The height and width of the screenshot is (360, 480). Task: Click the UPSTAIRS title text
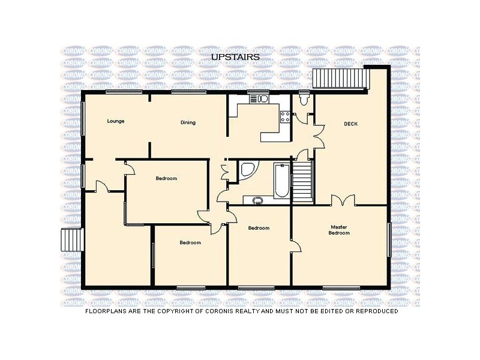coord(235,56)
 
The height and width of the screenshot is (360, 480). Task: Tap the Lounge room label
coord(116,121)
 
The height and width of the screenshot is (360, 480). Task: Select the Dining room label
coord(188,123)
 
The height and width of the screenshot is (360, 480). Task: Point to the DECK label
coord(351,124)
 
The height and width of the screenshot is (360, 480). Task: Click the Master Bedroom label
coord(339,230)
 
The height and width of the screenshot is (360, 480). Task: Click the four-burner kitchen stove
coord(286,117)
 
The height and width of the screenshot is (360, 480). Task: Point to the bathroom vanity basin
coord(258,200)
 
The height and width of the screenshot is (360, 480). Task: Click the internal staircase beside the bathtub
coord(302,181)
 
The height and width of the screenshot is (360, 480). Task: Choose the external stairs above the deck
coord(342,78)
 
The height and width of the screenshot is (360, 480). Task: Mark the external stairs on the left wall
coord(71,241)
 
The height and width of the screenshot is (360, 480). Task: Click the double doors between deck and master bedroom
coord(343,201)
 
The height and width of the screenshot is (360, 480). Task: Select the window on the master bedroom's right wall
coord(390,239)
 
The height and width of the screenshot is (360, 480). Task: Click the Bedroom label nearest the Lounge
coord(166,178)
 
